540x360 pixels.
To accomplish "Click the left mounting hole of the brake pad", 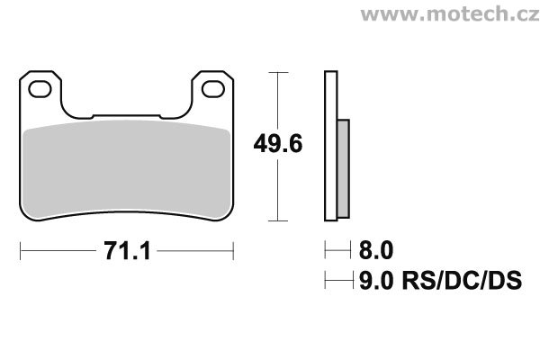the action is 40,89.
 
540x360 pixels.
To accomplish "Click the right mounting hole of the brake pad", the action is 213,89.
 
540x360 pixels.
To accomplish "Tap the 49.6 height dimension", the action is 278,144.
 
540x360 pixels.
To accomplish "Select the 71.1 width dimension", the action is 127,251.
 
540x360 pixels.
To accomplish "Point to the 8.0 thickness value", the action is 376,250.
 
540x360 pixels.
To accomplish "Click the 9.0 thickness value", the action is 376,281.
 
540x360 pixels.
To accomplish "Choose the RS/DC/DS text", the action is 462,281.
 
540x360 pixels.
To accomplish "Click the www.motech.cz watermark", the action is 450,14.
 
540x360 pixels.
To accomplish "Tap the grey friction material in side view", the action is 344,169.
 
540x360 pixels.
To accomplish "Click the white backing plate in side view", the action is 331,146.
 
